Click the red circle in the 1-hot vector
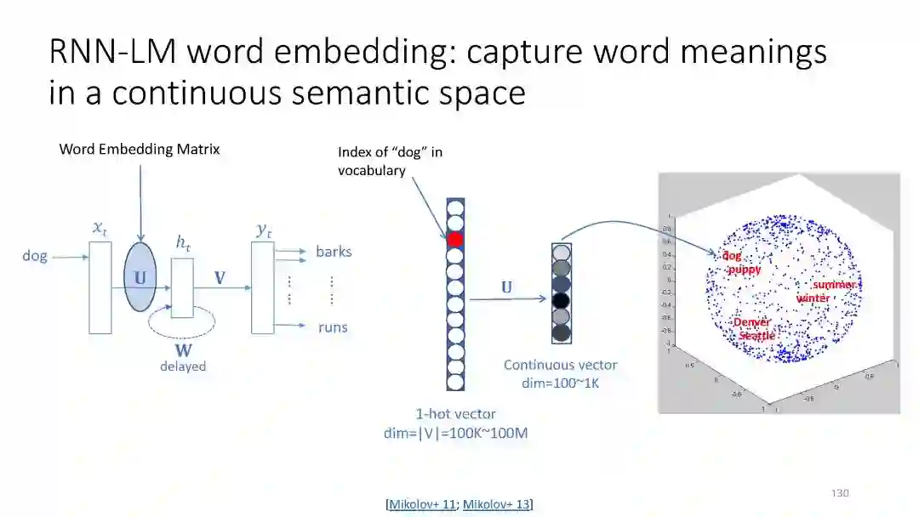point(455,239)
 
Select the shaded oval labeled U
point(140,278)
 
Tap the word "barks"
point(334,252)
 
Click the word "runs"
point(332,327)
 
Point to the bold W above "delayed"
point(183,349)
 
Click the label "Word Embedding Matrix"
point(140,150)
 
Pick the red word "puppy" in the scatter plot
point(744,270)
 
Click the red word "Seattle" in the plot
point(756,336)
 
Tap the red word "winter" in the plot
point(813,298)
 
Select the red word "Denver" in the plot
point(751,322)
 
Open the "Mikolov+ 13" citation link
point(496,504)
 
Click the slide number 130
point(840,493)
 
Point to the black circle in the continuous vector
point(561,300)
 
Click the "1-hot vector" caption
point(455,414)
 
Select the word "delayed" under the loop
point(183,366)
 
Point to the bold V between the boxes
point(220,278)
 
